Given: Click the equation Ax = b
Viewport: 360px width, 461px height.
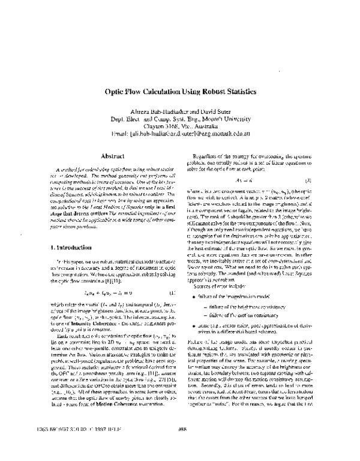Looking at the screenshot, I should [247, 179].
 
